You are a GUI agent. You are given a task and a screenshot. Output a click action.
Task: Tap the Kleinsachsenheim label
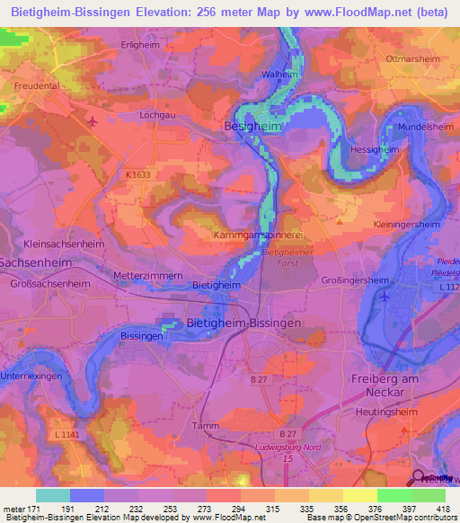click(x=65, y=244)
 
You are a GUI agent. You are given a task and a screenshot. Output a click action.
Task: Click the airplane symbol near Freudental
click(x=93, y=120)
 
